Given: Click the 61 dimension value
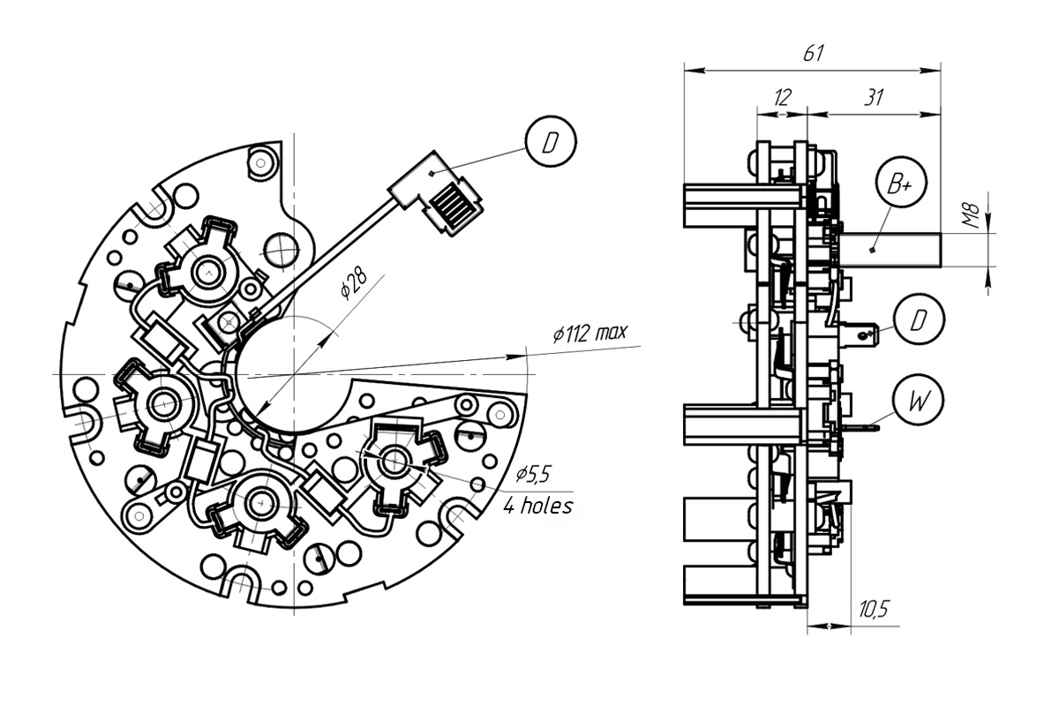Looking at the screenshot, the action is pos(813,54).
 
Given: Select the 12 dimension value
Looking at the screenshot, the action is pos(782,97).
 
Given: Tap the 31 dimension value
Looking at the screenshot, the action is pos(874,97).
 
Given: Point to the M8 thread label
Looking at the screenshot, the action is pos(972,215).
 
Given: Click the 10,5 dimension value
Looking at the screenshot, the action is pos(874,609).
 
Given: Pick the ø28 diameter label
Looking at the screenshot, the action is pos(353,285).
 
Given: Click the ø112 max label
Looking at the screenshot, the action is pos(590,333).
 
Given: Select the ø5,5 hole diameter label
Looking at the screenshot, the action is pos(533,474).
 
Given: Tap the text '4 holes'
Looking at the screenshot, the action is pos(537,506).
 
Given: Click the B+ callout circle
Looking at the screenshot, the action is pos(901,183).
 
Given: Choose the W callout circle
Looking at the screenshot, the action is pos(918,400).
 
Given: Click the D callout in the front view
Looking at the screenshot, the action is pos(551,141).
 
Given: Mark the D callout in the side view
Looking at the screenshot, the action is pos(919,319).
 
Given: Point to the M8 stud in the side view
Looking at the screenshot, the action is pos(890,250).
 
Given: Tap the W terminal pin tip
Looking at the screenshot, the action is pos(878,429).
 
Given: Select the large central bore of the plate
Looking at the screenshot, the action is pos(294,374).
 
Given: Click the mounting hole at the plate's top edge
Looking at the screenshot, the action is pos(260,163).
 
